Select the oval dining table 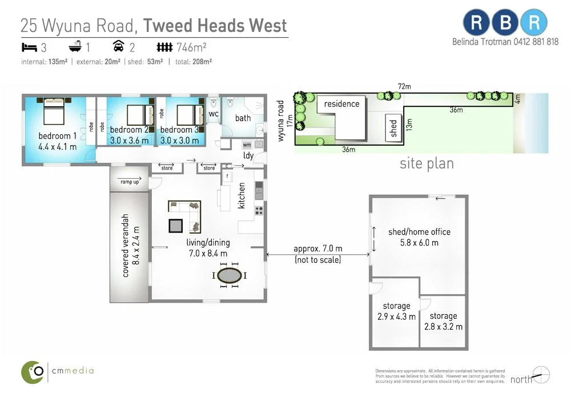coord(230,275)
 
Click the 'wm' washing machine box coord(247,145)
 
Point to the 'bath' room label coord(243,118)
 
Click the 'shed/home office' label coord(419,232)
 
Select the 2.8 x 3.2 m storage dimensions coord(443,327)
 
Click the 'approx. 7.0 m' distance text coord(317,249)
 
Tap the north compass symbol coord(540,375)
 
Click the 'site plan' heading coord(427,164)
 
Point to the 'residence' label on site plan coord(341,104)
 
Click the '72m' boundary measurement coord(404,86)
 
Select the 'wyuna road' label coord(280,120)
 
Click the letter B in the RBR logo coord(504,23)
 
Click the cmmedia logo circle coord(33,372)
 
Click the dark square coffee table coord(175,225)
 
